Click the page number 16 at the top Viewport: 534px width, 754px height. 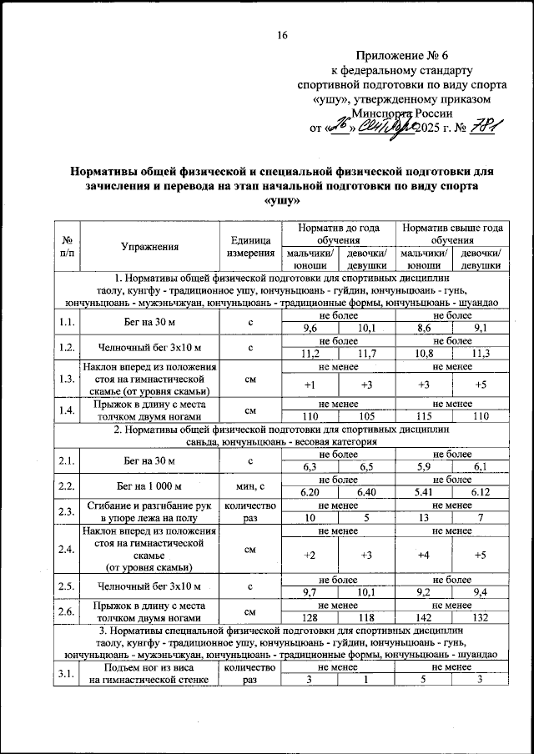(x=282, y=35)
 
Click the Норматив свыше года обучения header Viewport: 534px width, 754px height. (x=451, y=234)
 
